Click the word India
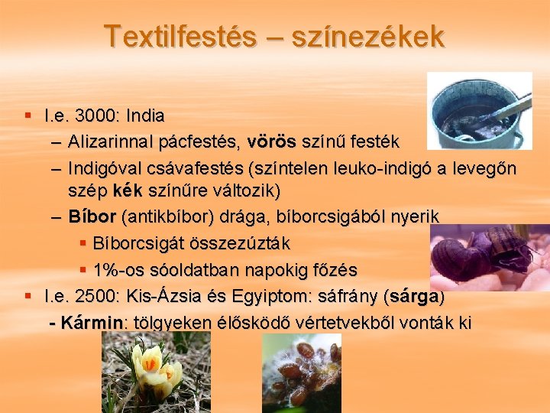pos(144,116)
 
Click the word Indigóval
pos(107,167)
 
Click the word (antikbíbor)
pos(166,216)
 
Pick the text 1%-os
pos(118,270)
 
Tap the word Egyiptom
pos(276,296)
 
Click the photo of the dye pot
pos(479,110)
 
